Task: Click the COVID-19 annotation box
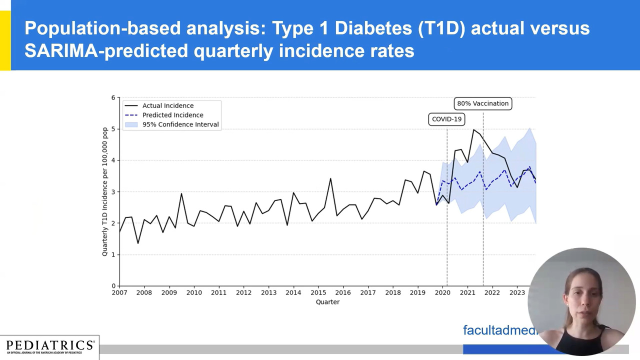(446, 119)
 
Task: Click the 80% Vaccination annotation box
(482, 103)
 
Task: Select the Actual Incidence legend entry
(167, 105)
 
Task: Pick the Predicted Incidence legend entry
(172, 115)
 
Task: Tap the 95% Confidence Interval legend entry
(180, 124)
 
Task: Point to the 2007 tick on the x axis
(119, 292)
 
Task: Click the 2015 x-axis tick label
(318, 292)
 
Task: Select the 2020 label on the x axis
(442, 292)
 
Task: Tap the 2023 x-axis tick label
(516, 292)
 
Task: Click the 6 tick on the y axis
(113, 97)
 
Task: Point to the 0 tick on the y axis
(113, 286)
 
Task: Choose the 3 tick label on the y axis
(113, 192)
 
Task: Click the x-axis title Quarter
(327, 302)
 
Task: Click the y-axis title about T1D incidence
(105, 192)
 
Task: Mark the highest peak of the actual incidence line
(473, 130)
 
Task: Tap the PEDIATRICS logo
(49, 346)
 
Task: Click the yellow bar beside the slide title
(5, 40)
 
